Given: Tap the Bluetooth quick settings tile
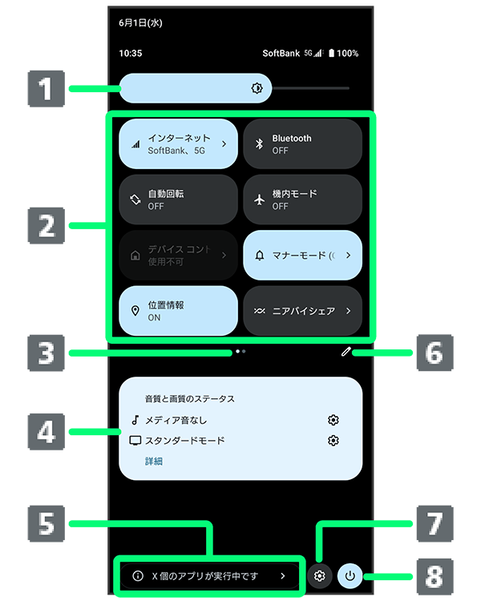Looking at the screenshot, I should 302,144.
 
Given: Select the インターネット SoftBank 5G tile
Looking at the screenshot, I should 178,144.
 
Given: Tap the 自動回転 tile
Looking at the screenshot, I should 178,200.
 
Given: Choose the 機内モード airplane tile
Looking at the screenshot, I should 302,200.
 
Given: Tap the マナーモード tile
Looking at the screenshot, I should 302,255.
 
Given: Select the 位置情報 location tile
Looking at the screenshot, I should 178,310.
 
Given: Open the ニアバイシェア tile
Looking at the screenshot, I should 302,310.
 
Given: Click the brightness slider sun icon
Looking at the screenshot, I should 257,88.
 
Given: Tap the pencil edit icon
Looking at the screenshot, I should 346,351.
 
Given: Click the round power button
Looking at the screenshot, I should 350,575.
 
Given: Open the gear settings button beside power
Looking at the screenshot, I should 320,575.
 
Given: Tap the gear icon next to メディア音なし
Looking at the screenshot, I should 333,419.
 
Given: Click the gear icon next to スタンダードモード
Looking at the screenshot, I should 333,440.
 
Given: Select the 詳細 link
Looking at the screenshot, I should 154,461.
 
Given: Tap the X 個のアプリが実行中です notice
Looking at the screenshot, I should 210,575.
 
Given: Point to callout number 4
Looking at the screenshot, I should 46,433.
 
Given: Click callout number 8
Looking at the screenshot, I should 434,575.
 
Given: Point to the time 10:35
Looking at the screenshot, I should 130,54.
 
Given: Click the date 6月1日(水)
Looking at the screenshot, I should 140,23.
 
